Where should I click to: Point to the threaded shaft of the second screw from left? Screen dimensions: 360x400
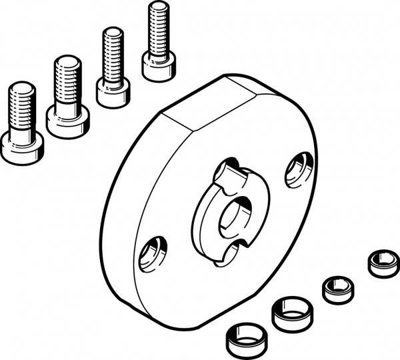click(67, 79)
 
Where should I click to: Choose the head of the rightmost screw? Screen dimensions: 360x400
click(158, 66)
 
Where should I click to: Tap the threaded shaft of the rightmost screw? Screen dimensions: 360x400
click(159, 27)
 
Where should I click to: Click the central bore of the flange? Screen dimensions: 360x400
click(236, 214)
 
